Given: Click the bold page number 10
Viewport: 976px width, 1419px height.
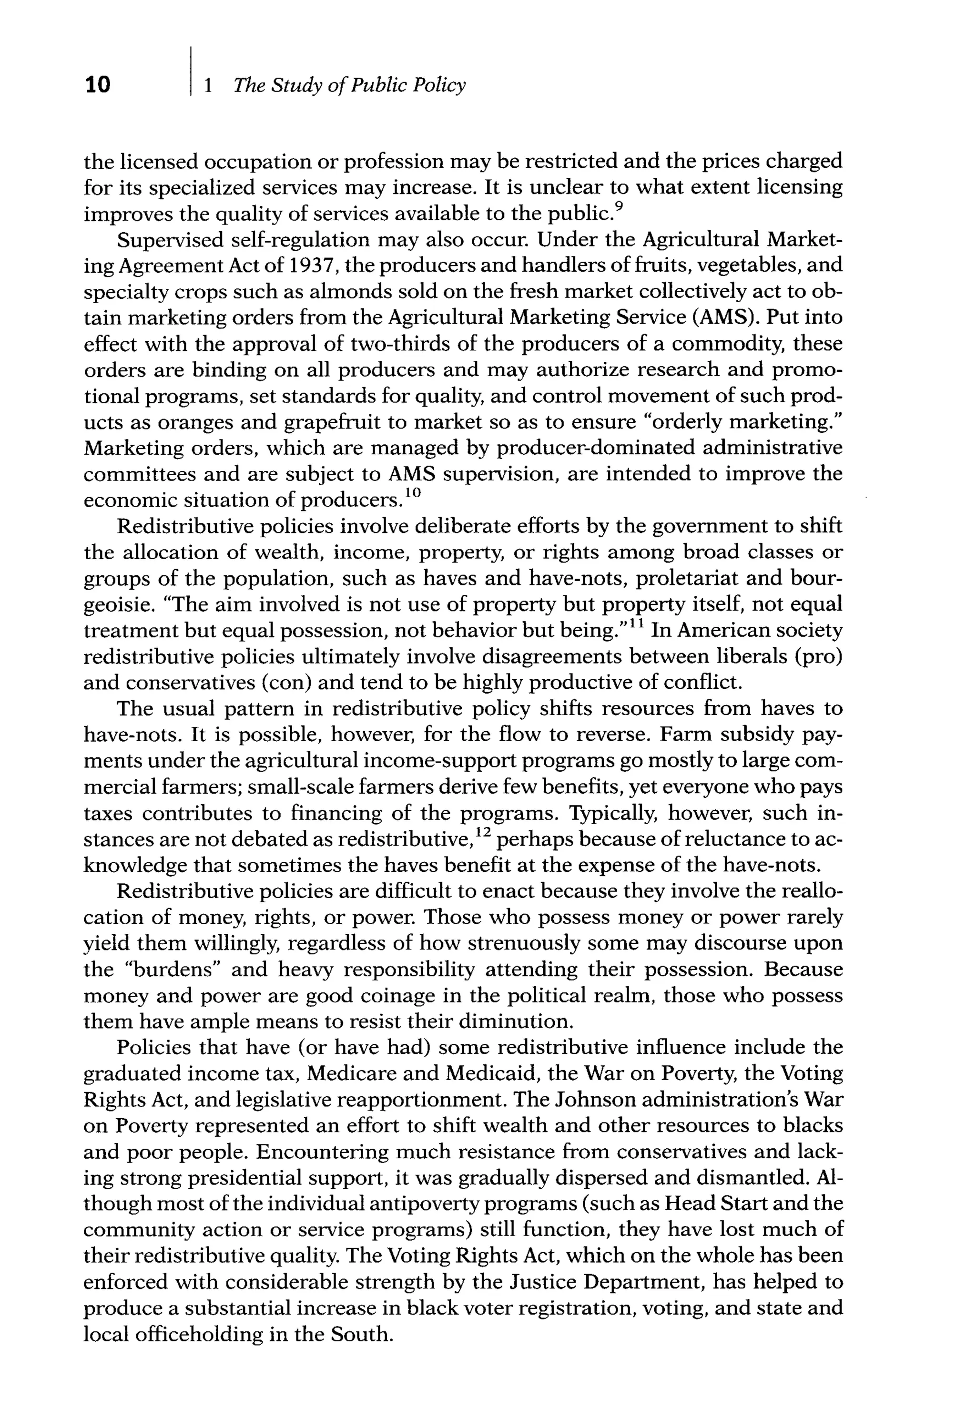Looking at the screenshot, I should pyautogui.click(x=97, y=84).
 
